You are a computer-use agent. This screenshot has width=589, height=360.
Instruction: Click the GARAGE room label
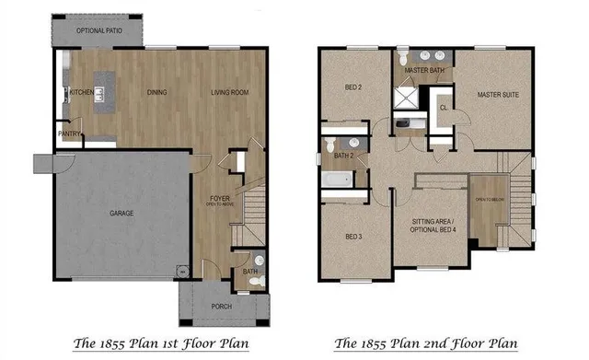pos(121,214)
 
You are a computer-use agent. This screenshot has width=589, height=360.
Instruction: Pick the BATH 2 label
pos(344,156)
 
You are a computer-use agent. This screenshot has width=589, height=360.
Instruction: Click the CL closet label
pos(444,107)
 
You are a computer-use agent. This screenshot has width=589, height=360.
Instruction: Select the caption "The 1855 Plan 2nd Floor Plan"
pos(425,344)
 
